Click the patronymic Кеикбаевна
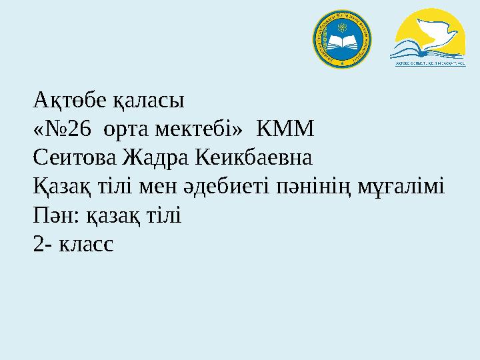(253, 160)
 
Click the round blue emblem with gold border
(343, 39)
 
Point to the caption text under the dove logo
(427, 64)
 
